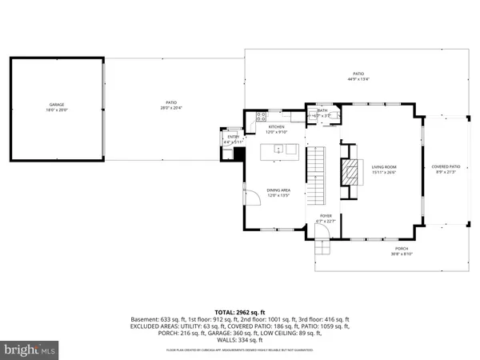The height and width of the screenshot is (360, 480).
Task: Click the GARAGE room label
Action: coord(55,105)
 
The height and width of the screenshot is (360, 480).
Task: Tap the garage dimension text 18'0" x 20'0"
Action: coord(55,111)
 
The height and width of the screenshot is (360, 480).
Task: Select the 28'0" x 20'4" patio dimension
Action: coord(171,107)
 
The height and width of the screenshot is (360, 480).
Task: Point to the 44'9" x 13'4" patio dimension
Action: coord(358,79)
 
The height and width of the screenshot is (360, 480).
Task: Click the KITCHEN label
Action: coord(276,126)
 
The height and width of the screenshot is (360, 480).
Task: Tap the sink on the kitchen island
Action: coord(278,148)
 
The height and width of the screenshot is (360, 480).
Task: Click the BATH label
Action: coord(322,110)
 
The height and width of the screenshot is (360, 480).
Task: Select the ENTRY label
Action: coord(233,137)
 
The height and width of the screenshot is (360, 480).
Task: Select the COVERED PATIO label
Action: coord(446,166)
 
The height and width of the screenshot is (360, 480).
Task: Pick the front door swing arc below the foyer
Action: coord(323,232)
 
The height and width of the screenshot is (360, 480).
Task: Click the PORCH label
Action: coord(401,249)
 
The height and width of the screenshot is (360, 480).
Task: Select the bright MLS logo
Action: coord(30,349)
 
